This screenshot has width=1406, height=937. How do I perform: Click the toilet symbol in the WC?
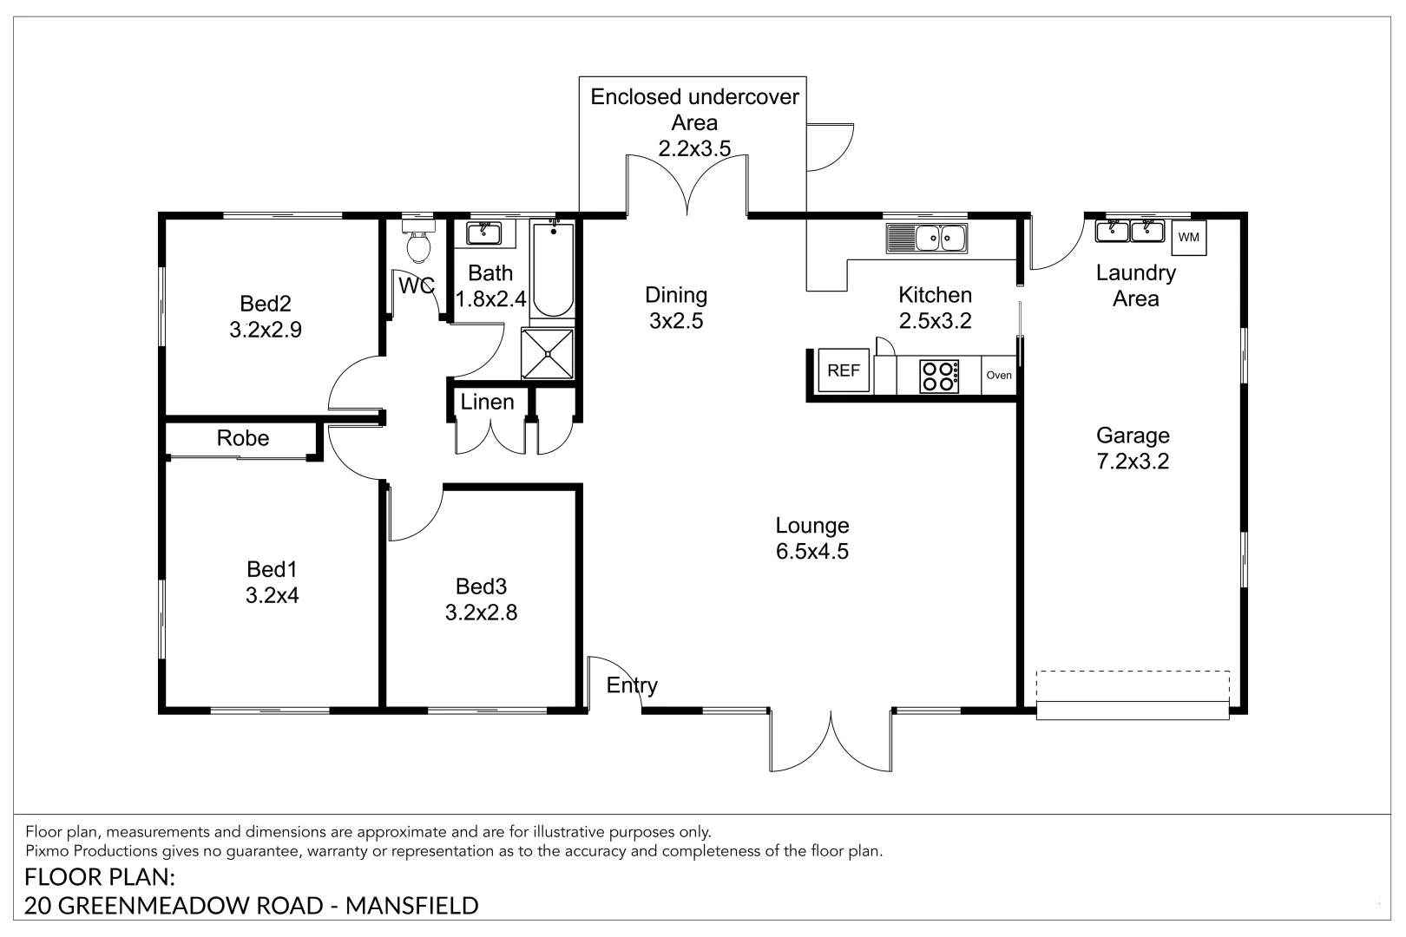click(418, 241)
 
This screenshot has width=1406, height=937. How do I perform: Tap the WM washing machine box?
click(1189, 237)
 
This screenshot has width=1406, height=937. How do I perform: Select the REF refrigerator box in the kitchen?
click(844, 370)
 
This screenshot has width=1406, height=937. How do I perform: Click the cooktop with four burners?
click(939, 376)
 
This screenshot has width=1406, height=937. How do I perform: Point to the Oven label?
click(999, 376)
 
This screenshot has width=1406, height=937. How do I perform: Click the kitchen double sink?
click(926, 239)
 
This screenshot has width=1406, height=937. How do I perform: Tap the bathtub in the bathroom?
click(553, 270)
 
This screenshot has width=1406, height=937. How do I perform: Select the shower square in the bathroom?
click(548, 354)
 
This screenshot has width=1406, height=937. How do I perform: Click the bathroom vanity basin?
click(484, 233)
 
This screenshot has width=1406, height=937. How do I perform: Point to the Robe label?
click(243, 437)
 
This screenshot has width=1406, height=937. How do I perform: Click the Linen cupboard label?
click(487, 402)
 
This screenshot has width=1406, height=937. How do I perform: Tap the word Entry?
click(632, 685)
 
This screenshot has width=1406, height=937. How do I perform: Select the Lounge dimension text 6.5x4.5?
click(812, 551)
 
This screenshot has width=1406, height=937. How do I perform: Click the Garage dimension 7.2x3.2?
click(1133, 462)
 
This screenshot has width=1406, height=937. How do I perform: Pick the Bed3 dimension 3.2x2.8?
click(482, 612)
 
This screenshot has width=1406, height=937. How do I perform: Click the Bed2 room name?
click(266, 304)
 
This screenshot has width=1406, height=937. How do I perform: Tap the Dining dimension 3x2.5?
click(676, 321)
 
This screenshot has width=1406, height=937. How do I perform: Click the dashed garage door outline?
click(1133, 685)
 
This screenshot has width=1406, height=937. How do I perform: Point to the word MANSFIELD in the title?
click(411, 906)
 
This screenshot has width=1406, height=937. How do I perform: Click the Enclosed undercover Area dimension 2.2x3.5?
click(694, 148)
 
